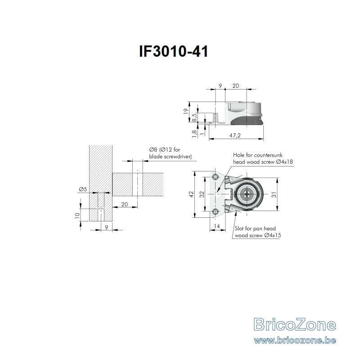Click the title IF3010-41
tap(174, 51)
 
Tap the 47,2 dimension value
tap(235, 135)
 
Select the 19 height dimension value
tap(186, 111)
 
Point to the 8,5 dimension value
tap(194, 117)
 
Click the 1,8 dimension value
tap(194, 134)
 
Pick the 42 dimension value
tap(191, 194)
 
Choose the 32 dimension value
tap(202, 194)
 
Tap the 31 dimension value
tap(274, 194)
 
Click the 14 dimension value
tap(216, 226)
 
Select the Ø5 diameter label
tap(83, 189)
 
